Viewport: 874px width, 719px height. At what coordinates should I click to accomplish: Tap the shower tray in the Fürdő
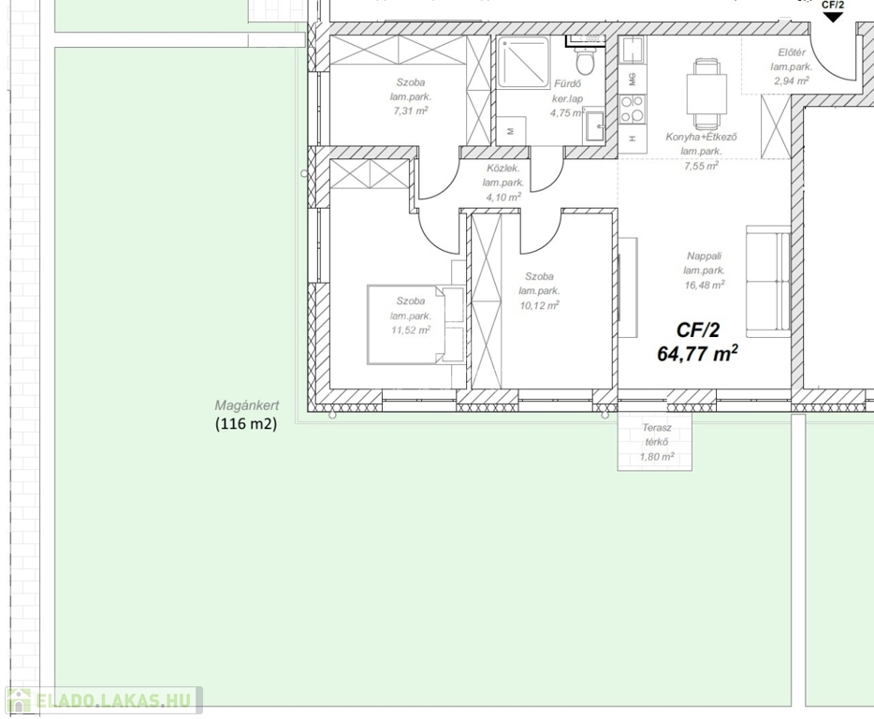[x=524, y=62]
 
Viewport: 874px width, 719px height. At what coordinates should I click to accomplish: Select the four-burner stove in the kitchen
[x=632, y=109]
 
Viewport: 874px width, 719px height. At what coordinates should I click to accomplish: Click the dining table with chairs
[x=706, y=94]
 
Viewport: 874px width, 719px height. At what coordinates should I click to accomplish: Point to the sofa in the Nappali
[x=768, y=281]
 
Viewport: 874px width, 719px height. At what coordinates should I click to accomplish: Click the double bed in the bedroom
[x=415, y=325]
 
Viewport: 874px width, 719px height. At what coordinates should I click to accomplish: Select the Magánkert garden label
[x=247, y=405]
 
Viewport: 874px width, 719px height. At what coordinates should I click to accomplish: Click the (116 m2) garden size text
[x=246, y=423]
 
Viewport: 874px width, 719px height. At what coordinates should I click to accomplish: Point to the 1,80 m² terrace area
[x=657, y=457]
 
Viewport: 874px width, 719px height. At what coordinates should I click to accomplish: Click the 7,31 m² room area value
[x=410, y=110]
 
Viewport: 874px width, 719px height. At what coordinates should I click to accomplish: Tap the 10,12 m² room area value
[x=539, y=305]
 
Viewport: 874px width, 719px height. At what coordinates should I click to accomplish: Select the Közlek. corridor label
[x=503, y=168]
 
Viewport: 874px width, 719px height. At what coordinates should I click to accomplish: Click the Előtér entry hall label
[x=792, y=52]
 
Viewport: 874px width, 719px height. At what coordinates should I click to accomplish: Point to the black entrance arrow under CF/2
[x=833, y=17]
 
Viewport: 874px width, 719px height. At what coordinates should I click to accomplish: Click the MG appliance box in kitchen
[x=632, y=80]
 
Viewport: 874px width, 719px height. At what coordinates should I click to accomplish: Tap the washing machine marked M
[x=511, y=131]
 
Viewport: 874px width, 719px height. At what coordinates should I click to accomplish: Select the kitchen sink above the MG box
[x=632, y=51]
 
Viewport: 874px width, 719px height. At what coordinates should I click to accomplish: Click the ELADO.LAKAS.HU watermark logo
[x=104, y=700]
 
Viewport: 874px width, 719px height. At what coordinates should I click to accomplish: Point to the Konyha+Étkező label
[x=701, y=137]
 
